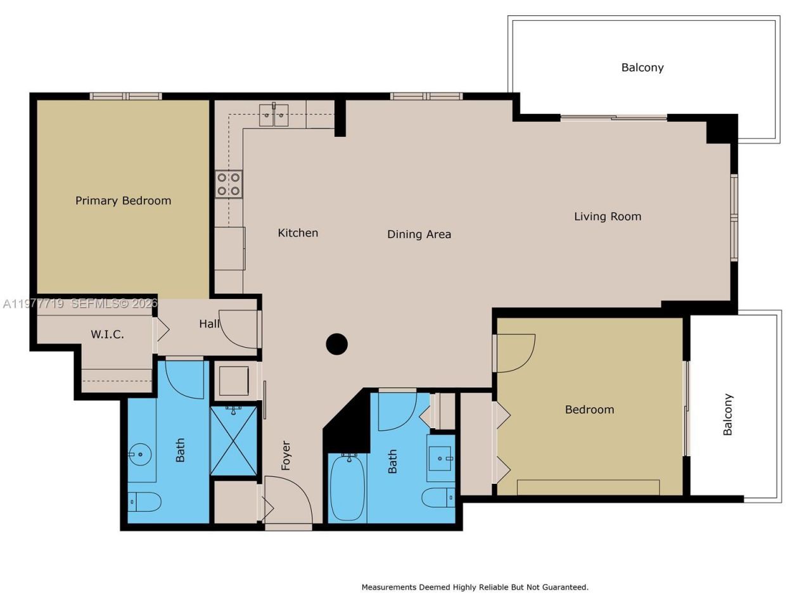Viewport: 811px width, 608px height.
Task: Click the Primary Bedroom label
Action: [123, 201]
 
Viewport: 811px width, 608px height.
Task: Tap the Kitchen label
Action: [298, 233]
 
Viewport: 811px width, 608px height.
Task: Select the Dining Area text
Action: [419, 234]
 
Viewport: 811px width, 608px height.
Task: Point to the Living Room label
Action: [607, 217]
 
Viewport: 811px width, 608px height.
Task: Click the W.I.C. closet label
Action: [107, 334]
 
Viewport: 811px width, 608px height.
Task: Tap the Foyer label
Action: [286, 455]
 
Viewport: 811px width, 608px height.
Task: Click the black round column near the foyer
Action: [336, 345]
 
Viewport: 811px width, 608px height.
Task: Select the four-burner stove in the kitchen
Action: [229, 184]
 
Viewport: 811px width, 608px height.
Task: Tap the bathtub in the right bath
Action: [347, 486]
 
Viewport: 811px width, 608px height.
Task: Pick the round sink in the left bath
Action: [139, 454]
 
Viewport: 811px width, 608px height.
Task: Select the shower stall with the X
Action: [233, 441]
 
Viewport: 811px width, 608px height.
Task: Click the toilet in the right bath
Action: [438, 498]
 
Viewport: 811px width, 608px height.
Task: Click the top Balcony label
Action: [642, 68]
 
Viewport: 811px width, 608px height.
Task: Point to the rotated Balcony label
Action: [728, 414]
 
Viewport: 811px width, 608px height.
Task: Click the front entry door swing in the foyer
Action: [288, 500]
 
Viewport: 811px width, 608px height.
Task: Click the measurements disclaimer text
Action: [475, 587]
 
